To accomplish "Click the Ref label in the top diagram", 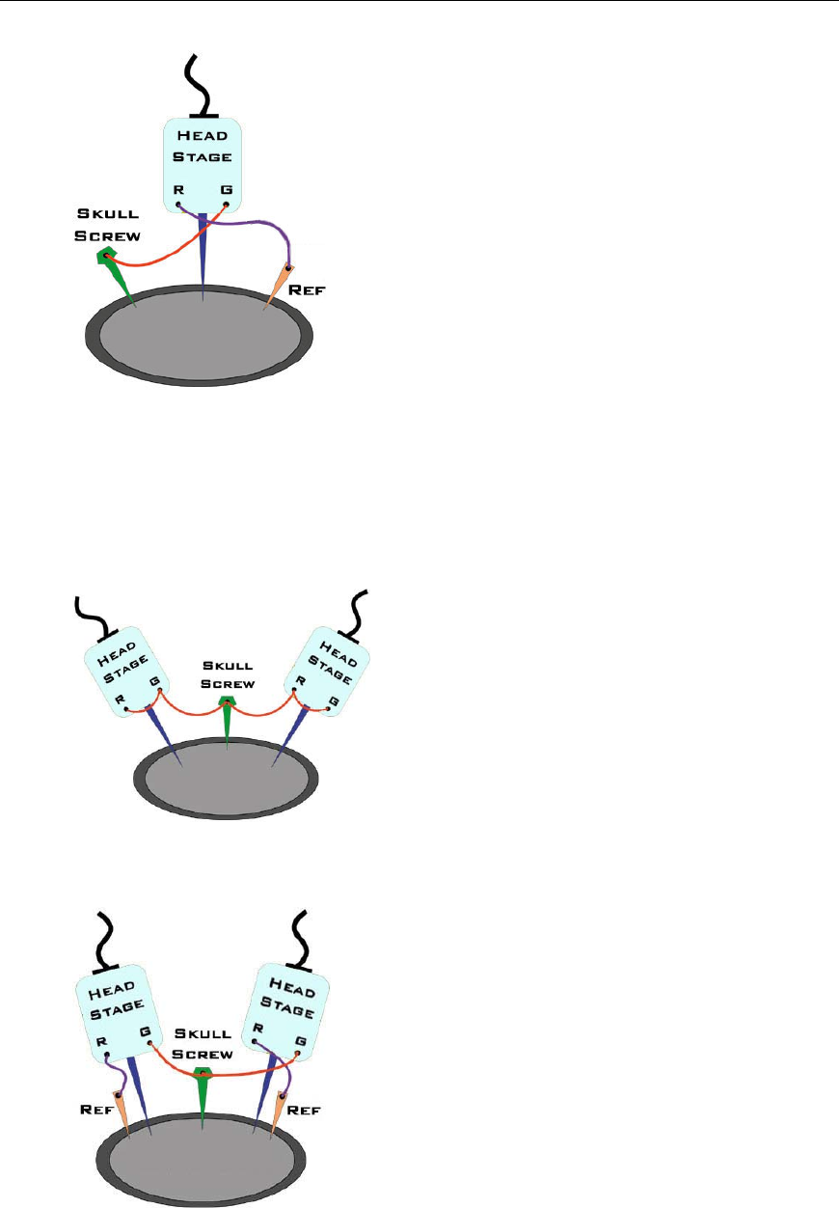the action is (311, 287).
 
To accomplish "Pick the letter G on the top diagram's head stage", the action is (227, 190).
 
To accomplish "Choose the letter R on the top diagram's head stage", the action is (179, 190).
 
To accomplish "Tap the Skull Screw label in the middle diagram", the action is (228, 673).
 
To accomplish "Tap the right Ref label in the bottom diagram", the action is (308, 1110).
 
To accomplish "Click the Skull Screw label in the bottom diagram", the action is (202, 1045).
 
